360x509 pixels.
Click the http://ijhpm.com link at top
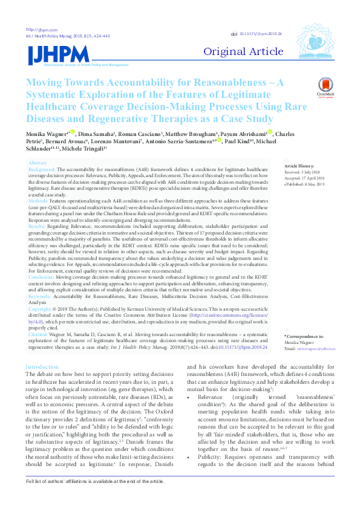(41, 30)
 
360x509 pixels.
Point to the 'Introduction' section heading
(42, 350)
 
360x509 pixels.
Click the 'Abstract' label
(38, 163)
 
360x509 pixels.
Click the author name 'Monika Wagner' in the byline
(47, 132)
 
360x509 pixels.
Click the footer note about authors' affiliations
(94, 498)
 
